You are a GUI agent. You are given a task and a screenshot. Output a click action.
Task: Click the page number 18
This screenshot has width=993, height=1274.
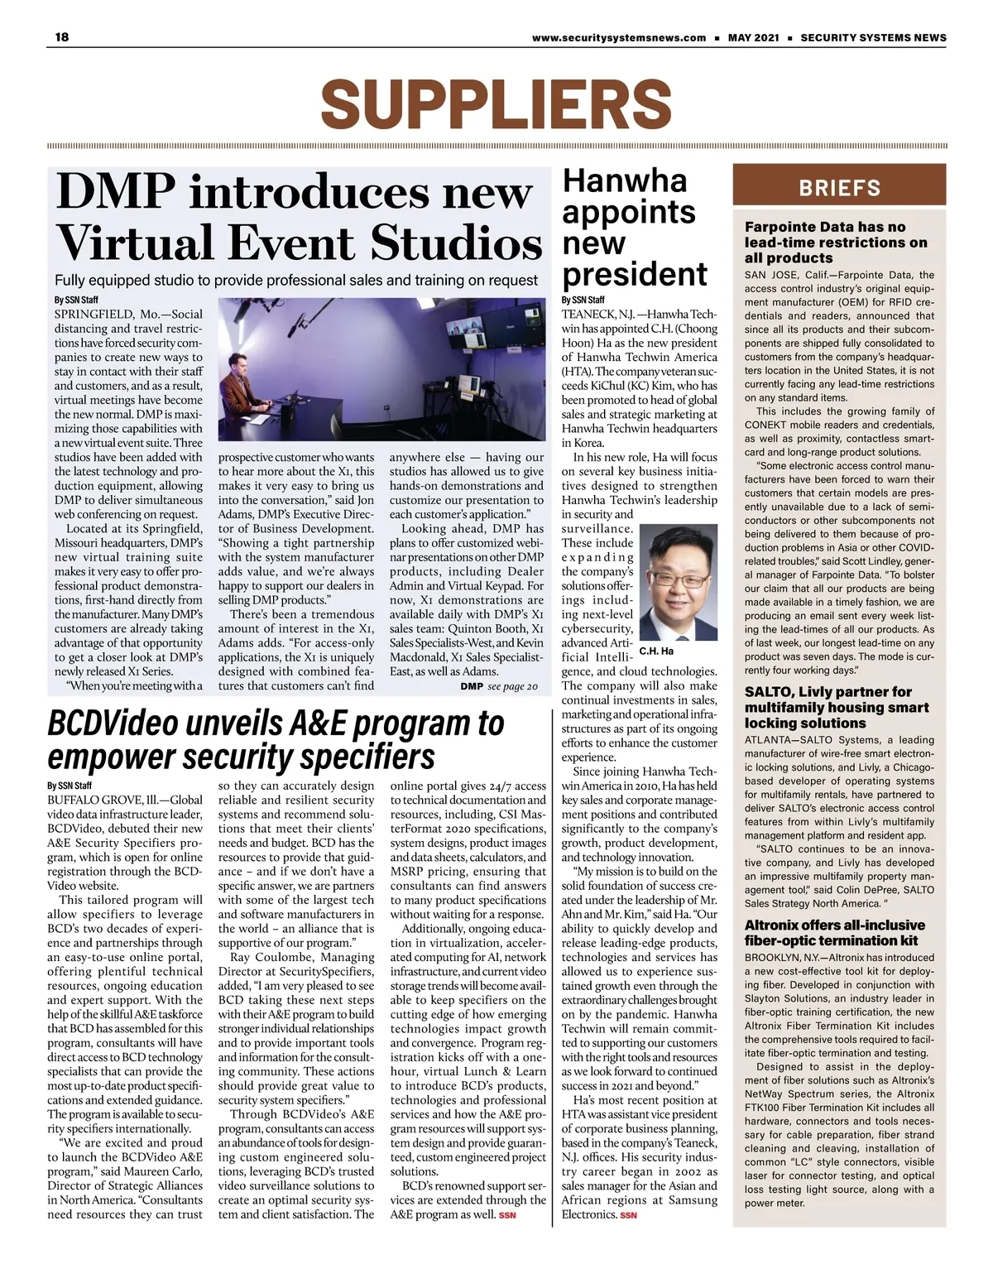click(x=61, y=36)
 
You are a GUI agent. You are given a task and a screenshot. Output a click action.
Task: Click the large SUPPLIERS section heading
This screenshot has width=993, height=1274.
click(x=496, y=104)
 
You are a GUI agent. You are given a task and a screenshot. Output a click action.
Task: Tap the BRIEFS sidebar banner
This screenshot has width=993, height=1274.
click(x=839, y=188)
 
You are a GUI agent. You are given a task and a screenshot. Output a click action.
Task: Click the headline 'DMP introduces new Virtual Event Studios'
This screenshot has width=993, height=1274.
click(x=299, y=217)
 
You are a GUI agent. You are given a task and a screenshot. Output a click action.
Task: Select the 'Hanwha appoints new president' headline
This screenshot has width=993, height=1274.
click(x=635, y=228)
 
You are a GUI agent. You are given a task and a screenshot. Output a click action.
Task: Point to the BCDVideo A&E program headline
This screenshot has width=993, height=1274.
click(x=276, y=739)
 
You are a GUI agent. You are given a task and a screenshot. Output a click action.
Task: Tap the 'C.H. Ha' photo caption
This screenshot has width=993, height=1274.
click(x=656, y=651)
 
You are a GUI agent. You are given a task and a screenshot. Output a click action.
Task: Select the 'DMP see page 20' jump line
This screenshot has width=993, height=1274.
click(x=499, y=686)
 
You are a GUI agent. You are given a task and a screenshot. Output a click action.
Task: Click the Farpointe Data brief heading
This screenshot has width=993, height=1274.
click(x=836, y=242)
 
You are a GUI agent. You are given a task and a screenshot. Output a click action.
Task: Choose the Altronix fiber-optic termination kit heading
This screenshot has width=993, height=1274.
click(x=834, y=932)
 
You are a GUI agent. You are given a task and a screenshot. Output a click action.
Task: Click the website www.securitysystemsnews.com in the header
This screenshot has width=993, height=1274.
click(x=619, y=37)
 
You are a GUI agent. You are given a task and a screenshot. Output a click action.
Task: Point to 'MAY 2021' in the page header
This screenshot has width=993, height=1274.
click(x=753, y=37)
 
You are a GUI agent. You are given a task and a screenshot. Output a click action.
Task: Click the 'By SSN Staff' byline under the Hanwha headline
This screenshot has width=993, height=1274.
click(x=583, y=300)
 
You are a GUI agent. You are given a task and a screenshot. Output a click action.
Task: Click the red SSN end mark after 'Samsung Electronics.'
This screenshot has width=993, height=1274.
click(x=629, y=1215)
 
